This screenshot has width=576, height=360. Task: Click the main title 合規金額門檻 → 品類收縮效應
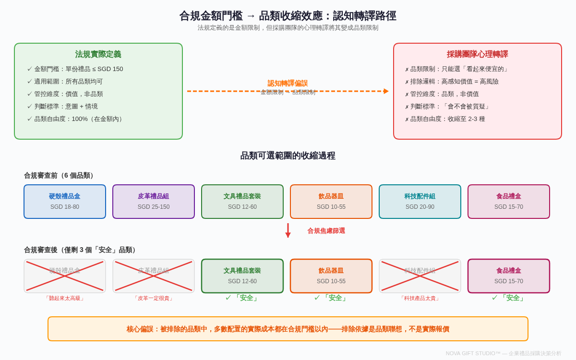coord(288,16)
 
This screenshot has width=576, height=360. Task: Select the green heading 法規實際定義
coord(98,54)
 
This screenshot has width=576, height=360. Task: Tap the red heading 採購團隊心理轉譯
coord(477,54)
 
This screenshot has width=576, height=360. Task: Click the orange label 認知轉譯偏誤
coord(288,83)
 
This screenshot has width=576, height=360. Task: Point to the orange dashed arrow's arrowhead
coord(386,91)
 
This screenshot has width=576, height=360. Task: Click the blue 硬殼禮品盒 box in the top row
coord(65,202)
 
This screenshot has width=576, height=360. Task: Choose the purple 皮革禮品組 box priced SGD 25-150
coord(154,202)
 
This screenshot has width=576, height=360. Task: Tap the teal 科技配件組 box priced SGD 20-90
coord(420,202)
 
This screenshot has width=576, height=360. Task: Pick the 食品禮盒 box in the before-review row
coord(509,202)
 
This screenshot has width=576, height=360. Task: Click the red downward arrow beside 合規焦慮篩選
coord(288,230)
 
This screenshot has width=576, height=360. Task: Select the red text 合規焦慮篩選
coord(326,231)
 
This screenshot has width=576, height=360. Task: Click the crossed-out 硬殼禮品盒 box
coord(65,276)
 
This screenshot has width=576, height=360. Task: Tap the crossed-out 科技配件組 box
coord(420,276)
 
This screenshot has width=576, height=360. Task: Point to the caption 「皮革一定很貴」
coord(154,299)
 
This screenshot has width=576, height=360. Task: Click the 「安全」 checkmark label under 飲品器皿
coord(331,298)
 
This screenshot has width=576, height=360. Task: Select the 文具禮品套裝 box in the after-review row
coord(242,276)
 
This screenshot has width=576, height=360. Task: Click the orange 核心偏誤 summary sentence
coord(288,329)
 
